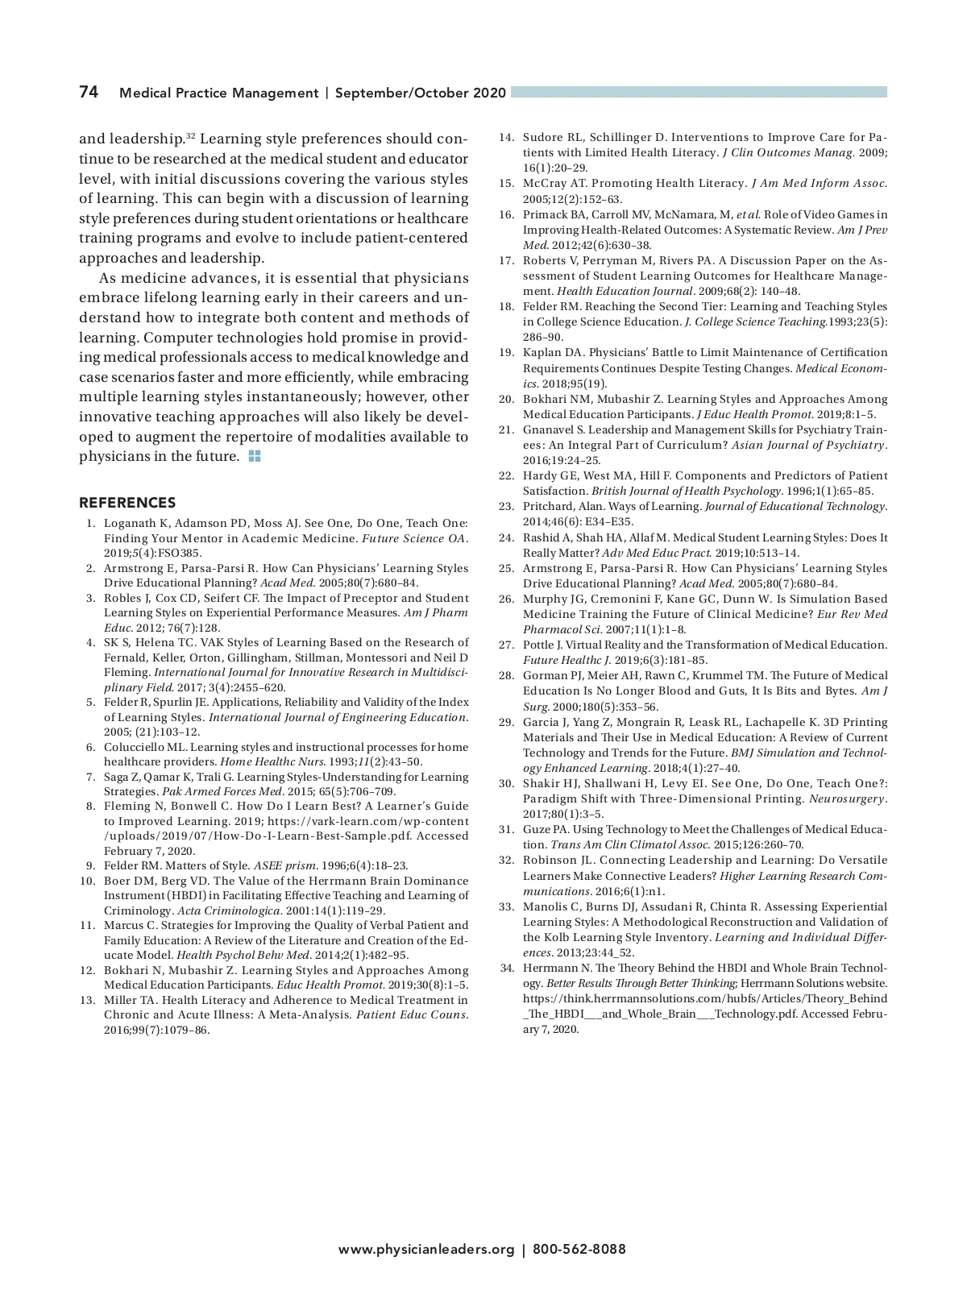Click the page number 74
(x=89, y=92)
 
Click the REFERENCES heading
(x=127, y=503)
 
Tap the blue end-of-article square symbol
(x=255, y=456)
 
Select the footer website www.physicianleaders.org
(x=425, y=1250)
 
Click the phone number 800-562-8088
(x=579, y=1250)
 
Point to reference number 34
(x=506, y=968)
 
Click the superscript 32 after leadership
(x=191, y=135)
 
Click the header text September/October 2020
(x=421, y=93)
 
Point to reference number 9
(x=91, y=866)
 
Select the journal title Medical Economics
(x=840, y=368)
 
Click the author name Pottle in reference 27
(x=537, y=645)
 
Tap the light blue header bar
(x=699, y=92)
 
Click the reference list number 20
(x=506, y=399)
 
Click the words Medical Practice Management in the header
(x=218, y=93)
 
